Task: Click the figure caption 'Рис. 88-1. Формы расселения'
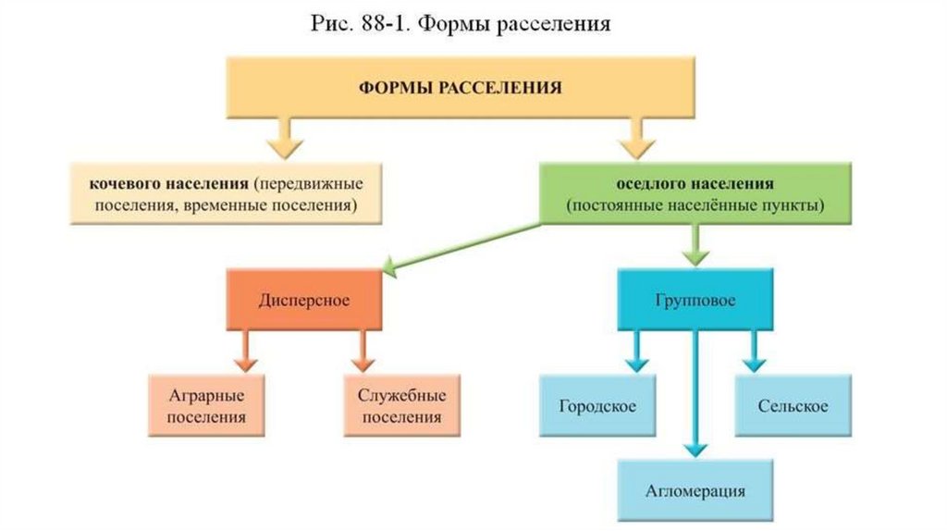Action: tap(460, 23)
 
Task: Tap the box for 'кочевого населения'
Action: tap(227, 192)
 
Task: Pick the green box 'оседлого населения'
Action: tap(695, 192)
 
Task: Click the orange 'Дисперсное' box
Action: tap(303, 300)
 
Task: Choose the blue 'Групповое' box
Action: tap(695, 300)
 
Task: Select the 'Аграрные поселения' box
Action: tap(206, 405)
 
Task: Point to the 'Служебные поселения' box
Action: tap(401, 405)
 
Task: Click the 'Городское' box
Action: tap(597, 405)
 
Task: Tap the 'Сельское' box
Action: tap(793, 405)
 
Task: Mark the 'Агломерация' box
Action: tap(695, 490)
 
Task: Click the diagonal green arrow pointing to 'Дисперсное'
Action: tap(462, 248)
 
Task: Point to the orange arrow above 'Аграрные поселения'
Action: tap(245, 352)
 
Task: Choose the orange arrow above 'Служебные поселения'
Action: tap(362, 352)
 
